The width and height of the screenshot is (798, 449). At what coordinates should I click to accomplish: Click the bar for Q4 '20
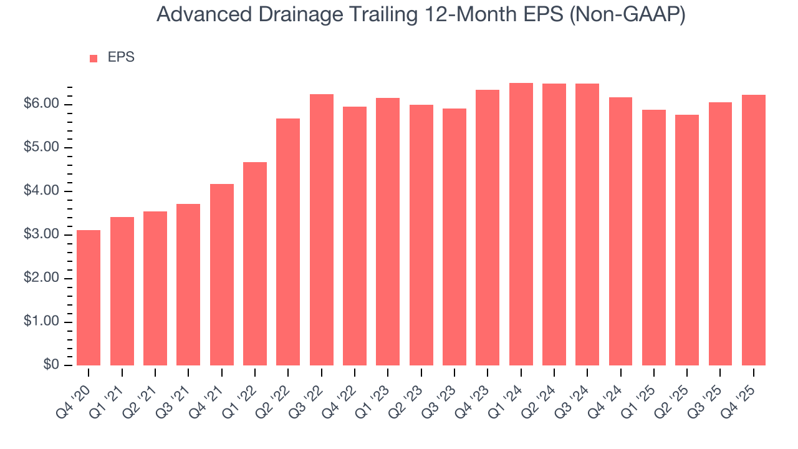[89, 297]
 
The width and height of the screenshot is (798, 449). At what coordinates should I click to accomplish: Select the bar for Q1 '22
[255, 264]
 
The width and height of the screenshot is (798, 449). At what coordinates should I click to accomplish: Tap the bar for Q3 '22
[322, 229]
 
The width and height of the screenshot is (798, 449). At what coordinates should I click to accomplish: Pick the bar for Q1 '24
[521, 224]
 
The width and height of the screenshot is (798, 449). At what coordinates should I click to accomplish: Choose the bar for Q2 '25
[687, 240]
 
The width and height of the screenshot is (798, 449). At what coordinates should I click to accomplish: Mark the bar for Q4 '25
[754, 230]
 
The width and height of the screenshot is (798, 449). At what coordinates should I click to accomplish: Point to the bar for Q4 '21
[222, 274]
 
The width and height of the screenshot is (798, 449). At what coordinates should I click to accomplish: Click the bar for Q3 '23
[454, 237]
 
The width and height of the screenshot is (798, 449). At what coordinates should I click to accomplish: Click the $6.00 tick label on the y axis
[41, 104]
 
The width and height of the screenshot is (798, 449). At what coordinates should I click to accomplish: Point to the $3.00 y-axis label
[41, 235]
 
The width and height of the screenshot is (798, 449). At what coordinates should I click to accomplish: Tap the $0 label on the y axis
[51, 365]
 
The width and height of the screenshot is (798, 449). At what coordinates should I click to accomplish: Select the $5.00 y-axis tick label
[41, 148]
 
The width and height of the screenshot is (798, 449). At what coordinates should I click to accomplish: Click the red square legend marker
[94, 58]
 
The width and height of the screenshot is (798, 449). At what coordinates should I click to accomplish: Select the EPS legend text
[121, 57]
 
